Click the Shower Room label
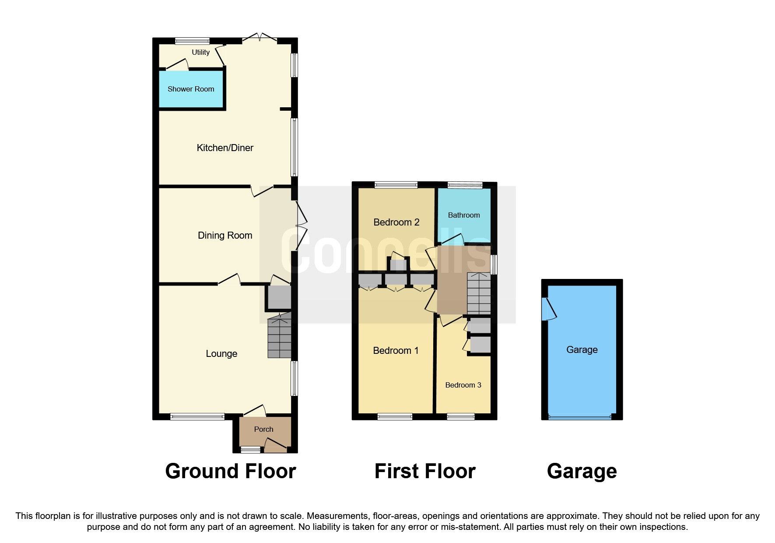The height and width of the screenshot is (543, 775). tap(191, 89)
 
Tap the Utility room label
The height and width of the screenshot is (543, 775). tap(200, 52)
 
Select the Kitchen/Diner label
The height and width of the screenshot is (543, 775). tap(225, 148)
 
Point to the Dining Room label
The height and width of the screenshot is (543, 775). tap(225, 236)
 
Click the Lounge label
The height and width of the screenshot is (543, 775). tap(221, 354)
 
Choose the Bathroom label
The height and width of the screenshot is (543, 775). tap(464, 215)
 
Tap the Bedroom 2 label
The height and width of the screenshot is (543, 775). tap(396, 222)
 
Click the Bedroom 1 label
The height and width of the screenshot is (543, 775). tap(396, 351)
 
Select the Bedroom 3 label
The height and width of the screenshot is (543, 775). tap(463, 385)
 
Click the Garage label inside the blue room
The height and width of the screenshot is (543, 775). tap(582, 350)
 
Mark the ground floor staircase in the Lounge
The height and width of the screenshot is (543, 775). tap(279, 336)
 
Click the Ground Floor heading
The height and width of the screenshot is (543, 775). tap(231, 472)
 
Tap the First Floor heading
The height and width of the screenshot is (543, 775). tap(425, 472)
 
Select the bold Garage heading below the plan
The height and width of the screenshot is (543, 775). tap(582, 472)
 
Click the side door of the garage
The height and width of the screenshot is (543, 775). tap(547, 309)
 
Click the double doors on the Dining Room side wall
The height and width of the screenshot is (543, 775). tap(301, 226)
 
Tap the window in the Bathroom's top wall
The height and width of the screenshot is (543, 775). tap(464, 185)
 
